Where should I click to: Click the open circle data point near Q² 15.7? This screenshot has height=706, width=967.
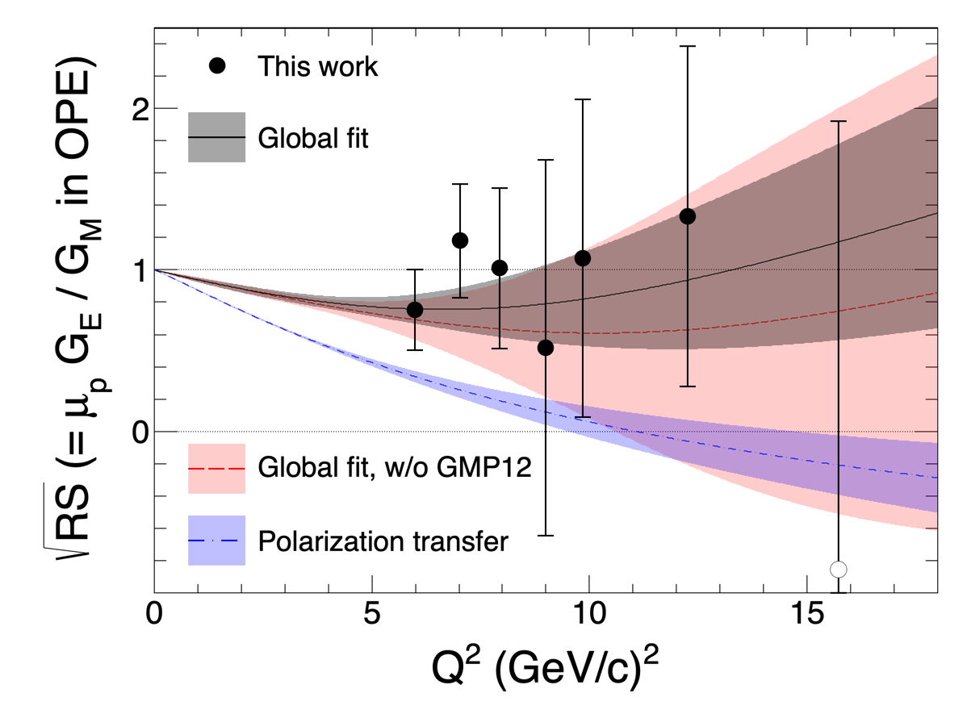pos(839,570)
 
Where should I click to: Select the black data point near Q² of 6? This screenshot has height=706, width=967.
pos(415,310)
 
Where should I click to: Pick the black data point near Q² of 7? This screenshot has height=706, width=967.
pos(460,240)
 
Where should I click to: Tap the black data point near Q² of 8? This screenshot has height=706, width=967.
pos(500,268)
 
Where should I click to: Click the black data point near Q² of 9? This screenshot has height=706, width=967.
pos(546,348)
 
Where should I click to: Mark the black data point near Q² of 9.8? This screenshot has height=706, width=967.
pos(582,258)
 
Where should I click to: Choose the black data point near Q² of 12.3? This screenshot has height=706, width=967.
pos(688,216)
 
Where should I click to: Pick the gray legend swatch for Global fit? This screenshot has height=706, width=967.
pos(216,137)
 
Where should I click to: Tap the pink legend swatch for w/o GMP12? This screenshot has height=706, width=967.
pos(216,468)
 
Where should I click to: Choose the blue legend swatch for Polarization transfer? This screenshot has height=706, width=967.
pos(216,541)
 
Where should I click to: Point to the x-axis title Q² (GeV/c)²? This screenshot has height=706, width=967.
pos(546,667)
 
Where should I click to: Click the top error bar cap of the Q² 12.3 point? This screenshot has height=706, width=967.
pos(688,47)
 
